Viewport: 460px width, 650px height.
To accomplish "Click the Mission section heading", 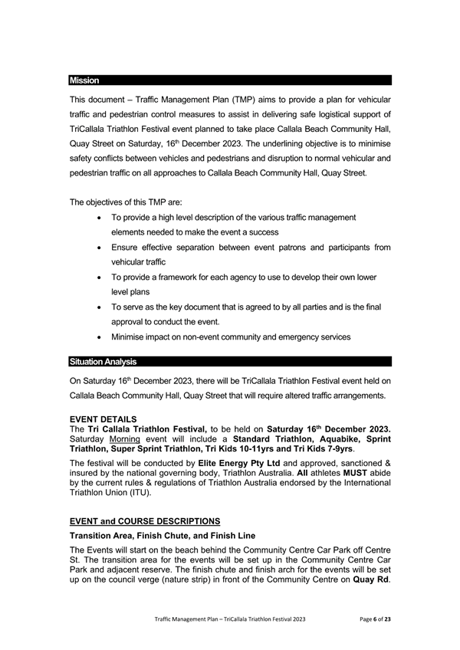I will tap(84, 80).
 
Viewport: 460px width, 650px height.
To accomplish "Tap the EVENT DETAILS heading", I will tap(103, 420).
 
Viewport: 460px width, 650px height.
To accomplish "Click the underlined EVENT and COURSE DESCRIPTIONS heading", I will tap(145, 520).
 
